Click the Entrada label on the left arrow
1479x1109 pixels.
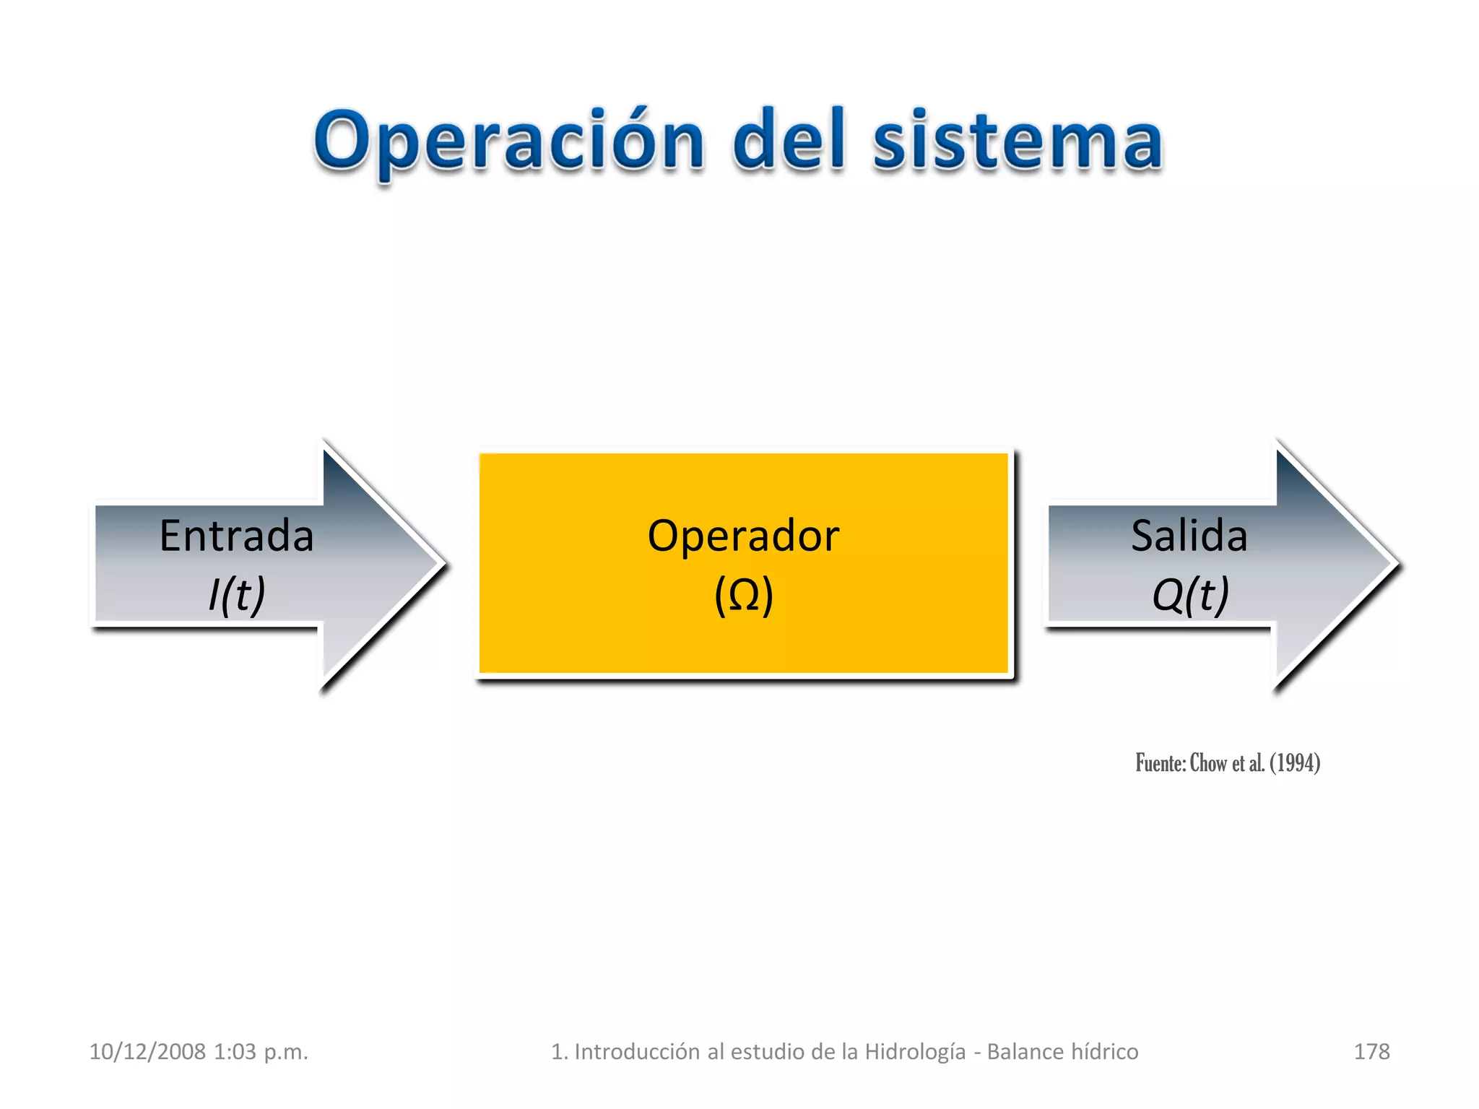(x=236, y=536)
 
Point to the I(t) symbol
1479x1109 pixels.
(x=237, y=595)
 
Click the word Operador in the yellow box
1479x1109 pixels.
(x=743, y=536)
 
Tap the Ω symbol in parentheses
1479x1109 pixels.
(x=744, y=595)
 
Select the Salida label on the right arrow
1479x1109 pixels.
(x=1189, y=536)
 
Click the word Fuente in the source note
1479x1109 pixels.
(x=1158, y=763)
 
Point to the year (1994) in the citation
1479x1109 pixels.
(x=1295, y=763)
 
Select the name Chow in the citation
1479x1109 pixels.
(x=1208, y=763)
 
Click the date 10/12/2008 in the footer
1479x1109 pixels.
(x=147, y=1051)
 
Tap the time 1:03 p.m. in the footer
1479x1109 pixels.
(x=261, y=1051)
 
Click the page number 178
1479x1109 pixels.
(x=1371, y=1051)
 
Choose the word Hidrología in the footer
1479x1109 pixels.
(x=915, y=1051)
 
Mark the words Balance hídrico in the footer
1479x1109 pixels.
(x=1062, y=1051)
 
